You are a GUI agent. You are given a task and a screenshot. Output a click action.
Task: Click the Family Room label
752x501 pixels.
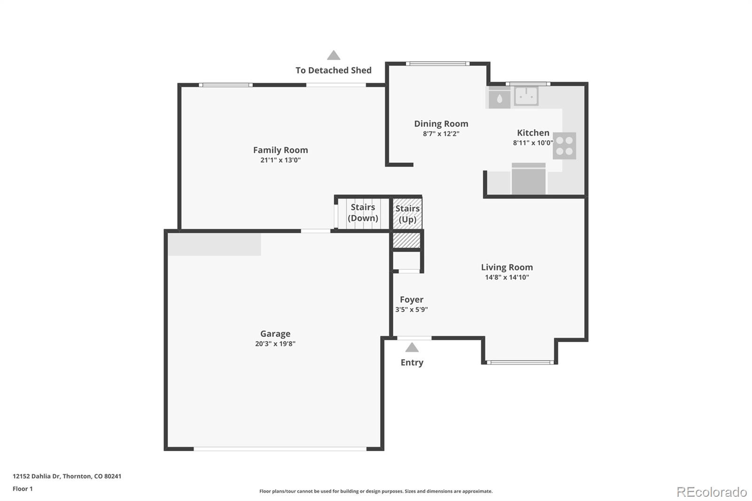pos(281,150)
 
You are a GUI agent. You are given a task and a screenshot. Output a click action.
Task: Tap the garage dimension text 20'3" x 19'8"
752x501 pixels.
pos(275,344)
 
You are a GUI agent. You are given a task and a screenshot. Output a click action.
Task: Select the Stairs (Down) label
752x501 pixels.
pos(363,212)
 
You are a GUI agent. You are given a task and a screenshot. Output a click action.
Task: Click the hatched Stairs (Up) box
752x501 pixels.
pos(407,214)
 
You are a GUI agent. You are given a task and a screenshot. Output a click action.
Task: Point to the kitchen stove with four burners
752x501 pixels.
pos(564,146)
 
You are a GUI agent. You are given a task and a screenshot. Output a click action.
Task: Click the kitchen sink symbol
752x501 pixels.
pos(526,96)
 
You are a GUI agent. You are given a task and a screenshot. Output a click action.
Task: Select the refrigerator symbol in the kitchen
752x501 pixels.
pos(529,179)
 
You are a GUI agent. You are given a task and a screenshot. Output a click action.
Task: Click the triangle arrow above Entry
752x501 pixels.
pos(412,347)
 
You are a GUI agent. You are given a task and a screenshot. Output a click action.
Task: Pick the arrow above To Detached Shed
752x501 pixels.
pos(334,55)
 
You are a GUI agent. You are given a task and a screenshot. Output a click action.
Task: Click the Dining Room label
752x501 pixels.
pos(441,124)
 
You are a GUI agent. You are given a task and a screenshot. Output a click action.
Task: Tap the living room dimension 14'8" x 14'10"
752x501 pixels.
pos(507,277)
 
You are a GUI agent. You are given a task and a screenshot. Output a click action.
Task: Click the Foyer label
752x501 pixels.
pos(412,299)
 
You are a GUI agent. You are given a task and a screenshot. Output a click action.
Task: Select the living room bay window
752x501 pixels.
pos(520,362)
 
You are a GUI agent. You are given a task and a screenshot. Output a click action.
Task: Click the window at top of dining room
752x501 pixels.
pos(438,63)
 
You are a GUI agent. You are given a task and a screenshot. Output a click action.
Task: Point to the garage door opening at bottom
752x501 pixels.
pos(280,449)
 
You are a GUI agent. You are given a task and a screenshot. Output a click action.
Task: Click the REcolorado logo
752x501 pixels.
pos(712,492)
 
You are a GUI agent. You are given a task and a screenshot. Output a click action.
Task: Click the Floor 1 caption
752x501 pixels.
pos(23,489)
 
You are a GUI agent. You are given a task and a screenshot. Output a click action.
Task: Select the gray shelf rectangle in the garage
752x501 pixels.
pos(214,244)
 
